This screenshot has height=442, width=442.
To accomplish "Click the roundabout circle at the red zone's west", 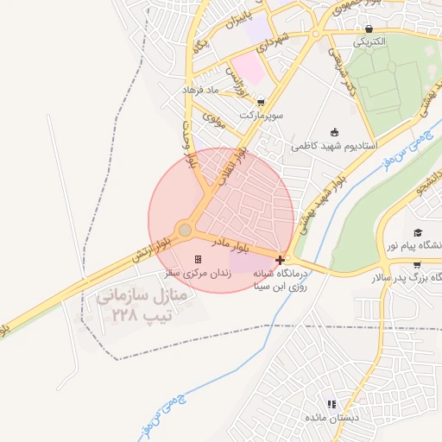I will click(x=185, y=230).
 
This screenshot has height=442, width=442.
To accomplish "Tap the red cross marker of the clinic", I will click(x=280, y=259).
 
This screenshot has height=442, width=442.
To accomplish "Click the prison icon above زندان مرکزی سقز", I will click(x=198, y=259).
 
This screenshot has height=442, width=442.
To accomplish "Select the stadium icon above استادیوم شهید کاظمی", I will click(x=335, y=132).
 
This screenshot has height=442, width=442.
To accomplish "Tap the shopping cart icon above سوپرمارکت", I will click(x=261, y=102).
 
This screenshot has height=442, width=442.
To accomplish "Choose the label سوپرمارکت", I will click(x=261, y=114).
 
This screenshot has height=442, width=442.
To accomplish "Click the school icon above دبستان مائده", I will click(x=331, y=404).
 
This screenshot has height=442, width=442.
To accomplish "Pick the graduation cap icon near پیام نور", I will click(x=418, y=233).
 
